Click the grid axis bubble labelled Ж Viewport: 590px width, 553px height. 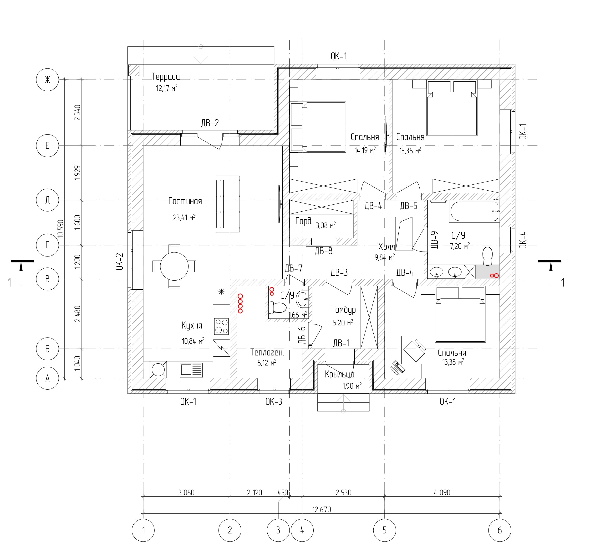click(47, 80)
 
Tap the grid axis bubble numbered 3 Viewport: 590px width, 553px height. click(278, 530)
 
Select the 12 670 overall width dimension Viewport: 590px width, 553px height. click(321, 509)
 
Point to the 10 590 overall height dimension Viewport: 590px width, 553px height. click(61, 228)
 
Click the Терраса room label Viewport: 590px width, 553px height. click(166, 77)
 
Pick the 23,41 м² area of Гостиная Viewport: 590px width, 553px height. click(184, 217)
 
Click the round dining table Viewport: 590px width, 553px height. click(174, 266)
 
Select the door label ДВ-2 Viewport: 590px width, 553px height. click(210, 123)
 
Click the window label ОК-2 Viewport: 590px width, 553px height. click(119, 261)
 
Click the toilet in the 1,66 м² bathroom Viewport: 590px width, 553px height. click(277, 308)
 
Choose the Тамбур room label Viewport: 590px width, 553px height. click(343, 310)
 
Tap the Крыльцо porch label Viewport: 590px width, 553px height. click(340, 374)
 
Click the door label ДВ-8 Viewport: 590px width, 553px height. click(324, 251)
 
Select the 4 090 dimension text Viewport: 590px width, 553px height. click(442, 492)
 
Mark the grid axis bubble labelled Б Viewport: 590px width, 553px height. click(47, 349)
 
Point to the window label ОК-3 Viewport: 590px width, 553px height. click(274, 402)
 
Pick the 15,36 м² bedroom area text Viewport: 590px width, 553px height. click(410, 151)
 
